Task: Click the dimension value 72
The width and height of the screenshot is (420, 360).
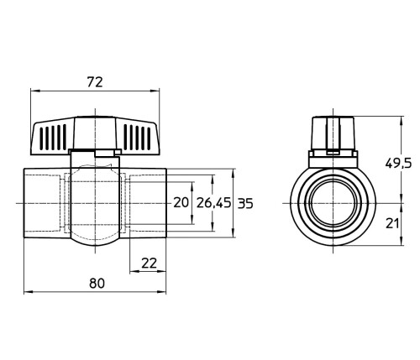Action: [x=95, y=82]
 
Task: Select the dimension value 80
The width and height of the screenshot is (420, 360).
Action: [x=97, y=284]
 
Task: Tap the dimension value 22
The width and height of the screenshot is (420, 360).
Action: [x=150, y=263]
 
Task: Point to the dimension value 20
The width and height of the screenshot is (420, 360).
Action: [x=181, y=202]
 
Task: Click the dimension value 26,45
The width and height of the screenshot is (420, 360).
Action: [x=214, y=202]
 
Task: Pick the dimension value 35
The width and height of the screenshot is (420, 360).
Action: [x=245, y=204]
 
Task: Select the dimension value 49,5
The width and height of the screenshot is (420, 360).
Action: [x=398, y=163]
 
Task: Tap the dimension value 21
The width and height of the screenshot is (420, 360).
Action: [x=392, y=223]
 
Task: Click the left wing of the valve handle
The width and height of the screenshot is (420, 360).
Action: [x=52, y=138]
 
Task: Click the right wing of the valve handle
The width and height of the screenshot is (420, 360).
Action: [x=138, y=138]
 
